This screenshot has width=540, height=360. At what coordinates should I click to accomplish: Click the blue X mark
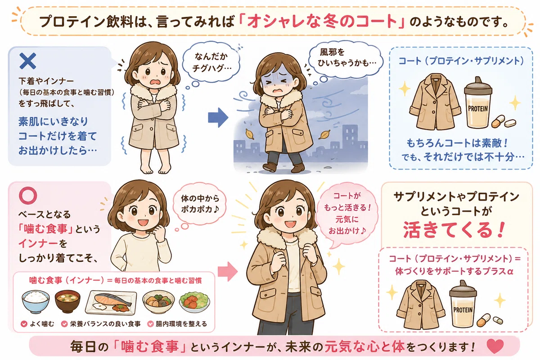(27, 61)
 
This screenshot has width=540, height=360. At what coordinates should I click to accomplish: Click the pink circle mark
(28, 195)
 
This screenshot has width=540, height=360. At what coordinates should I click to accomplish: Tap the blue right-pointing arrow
(218, 117)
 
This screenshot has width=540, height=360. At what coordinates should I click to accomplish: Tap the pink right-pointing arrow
(228, 272)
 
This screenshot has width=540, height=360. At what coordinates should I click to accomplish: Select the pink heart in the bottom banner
(495, 346)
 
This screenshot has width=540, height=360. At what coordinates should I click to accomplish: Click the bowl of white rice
(36, 301)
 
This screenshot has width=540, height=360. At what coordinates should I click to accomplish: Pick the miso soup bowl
(67, 301)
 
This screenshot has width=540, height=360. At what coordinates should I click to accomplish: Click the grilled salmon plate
(111, 303)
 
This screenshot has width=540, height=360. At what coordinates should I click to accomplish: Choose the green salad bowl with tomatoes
(194, 301)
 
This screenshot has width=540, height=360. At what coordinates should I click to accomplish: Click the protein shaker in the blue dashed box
(478, 103)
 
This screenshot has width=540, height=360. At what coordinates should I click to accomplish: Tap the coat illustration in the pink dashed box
(421, 305)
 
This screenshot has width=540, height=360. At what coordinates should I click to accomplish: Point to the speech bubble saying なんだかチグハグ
(211, 63)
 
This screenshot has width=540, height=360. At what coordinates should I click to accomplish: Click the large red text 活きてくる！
(454, 230)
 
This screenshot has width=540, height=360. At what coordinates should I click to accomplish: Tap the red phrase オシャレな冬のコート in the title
(322, 21)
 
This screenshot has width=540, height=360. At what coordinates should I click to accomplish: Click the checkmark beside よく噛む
(24, 324)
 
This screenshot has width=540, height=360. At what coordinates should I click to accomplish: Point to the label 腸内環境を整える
(181, 324)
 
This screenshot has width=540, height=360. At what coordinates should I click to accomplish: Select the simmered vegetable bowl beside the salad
(158, 301)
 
